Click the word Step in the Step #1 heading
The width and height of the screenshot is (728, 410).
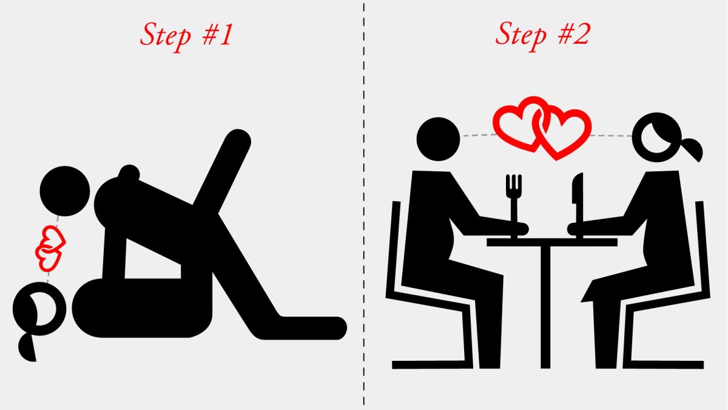[x=166, y=36]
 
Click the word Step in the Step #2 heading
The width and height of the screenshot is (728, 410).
[x=521, y=35]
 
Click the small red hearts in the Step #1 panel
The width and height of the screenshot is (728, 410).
[x=50, y=248]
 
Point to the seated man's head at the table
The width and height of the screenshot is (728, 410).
[x=438, y=139]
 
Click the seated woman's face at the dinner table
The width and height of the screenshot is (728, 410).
[x=656, y=138]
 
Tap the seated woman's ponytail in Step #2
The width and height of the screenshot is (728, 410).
[x=692, y=149]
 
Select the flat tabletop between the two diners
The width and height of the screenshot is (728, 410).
[x=552, y=242]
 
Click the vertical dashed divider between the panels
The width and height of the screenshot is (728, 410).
[x=363, y=205]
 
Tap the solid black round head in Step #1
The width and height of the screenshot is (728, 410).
[x=65, y=191]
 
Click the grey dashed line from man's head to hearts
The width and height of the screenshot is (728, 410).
[x=478, y=135]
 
